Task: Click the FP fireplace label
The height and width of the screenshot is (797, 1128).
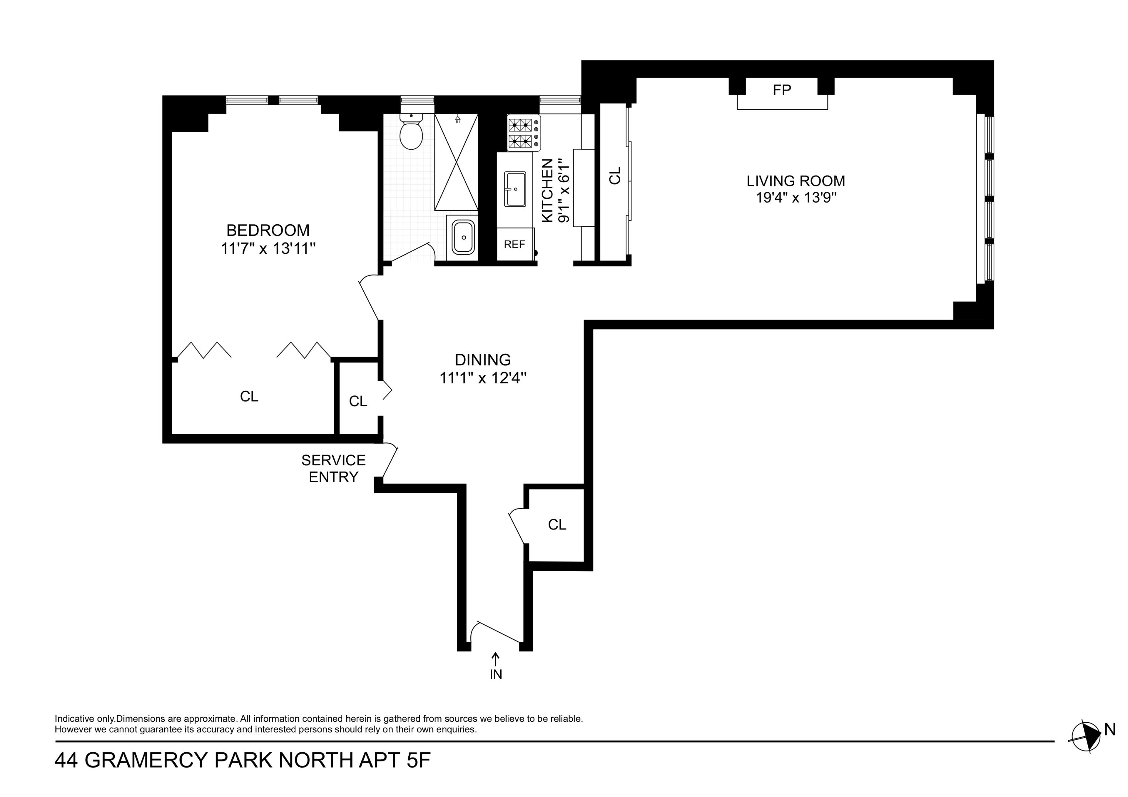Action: point(782,90)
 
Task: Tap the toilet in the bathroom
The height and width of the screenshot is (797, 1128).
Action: point(411,132)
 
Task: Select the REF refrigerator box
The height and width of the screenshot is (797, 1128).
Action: point(514,244)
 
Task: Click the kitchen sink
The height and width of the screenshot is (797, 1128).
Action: point(515,189)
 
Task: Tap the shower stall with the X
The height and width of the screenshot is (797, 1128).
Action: point(456,162)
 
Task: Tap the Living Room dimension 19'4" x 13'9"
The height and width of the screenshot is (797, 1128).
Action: point(796,198)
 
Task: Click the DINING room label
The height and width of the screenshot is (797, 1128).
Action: point(483,360)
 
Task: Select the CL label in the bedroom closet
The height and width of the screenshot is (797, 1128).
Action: point(249,397)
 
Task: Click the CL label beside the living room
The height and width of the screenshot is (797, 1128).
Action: point(615,175)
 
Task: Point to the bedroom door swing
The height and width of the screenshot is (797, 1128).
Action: point(370,297)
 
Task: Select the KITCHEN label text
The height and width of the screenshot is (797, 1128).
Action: point(547,190)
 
